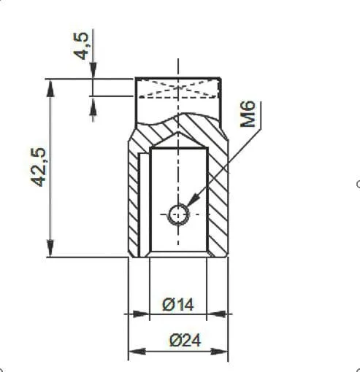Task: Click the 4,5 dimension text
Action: (x=80, y=46)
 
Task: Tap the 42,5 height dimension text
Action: (x=38, y=167)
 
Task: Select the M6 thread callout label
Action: (x=248, y=114)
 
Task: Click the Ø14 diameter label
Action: (x=178, y=305)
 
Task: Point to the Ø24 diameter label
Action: (x=185, y=341)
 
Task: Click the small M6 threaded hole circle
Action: (x=178, y=214)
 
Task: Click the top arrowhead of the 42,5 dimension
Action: (x=50, y=89)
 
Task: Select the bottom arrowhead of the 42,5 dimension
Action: (x=50, y=247)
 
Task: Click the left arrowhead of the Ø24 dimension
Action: (x=137, y=352)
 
